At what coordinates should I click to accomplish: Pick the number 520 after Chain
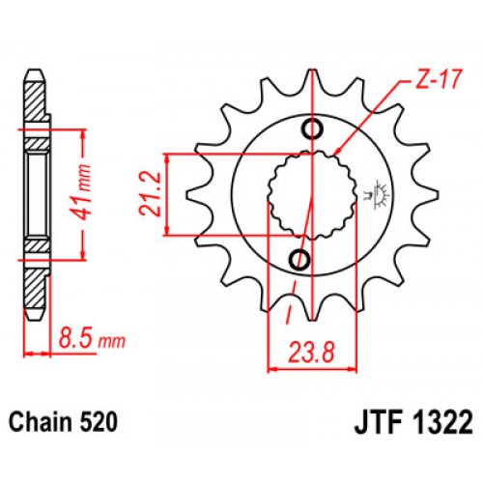tap(101, 422)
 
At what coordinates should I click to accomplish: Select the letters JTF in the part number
tap(366, 422)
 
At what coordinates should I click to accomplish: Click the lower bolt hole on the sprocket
tap(299, 259)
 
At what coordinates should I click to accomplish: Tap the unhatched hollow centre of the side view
tap(37, 193)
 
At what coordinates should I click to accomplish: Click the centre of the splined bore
tap(311, 194)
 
